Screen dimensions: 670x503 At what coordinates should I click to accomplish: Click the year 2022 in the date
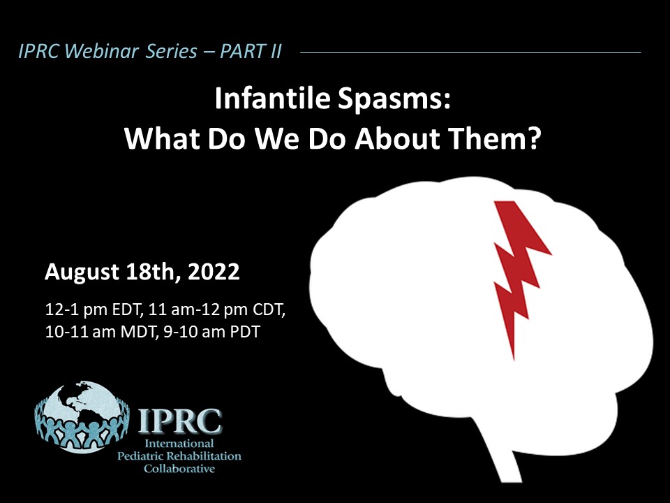(214, 272)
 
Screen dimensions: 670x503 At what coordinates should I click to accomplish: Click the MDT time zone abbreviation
(137, 331)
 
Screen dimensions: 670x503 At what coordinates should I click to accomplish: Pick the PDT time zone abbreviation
(245, 331)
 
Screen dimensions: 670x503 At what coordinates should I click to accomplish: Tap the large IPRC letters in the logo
(180, 421)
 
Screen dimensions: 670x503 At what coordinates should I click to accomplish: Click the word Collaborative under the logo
(179, 468)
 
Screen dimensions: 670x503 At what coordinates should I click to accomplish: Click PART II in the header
(251, 51)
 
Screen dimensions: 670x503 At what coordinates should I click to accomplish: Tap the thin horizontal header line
(470, 52)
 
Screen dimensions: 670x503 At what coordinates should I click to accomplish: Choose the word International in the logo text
(179, 443)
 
